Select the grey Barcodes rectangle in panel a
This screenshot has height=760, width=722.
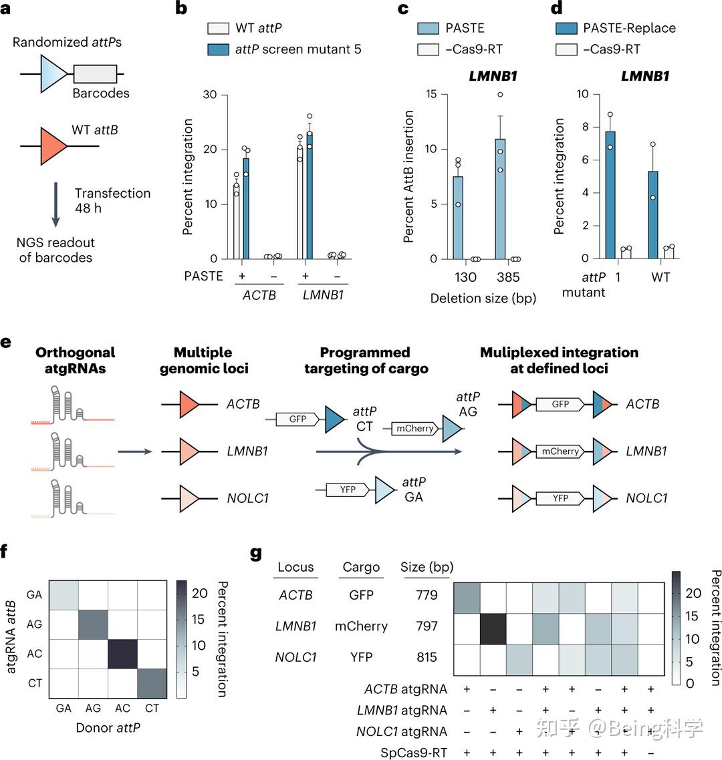(x=95, y=73)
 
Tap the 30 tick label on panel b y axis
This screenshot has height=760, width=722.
(x=210, y=95)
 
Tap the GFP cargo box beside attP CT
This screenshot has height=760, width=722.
(x=298, y=419)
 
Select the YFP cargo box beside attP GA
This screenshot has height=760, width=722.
(x=348, y=490)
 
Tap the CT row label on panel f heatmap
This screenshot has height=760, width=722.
(x=35, y=683)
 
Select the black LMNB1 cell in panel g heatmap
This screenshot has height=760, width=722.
(x=493, y=626)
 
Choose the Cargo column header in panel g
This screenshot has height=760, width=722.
(x=361, y=567)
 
